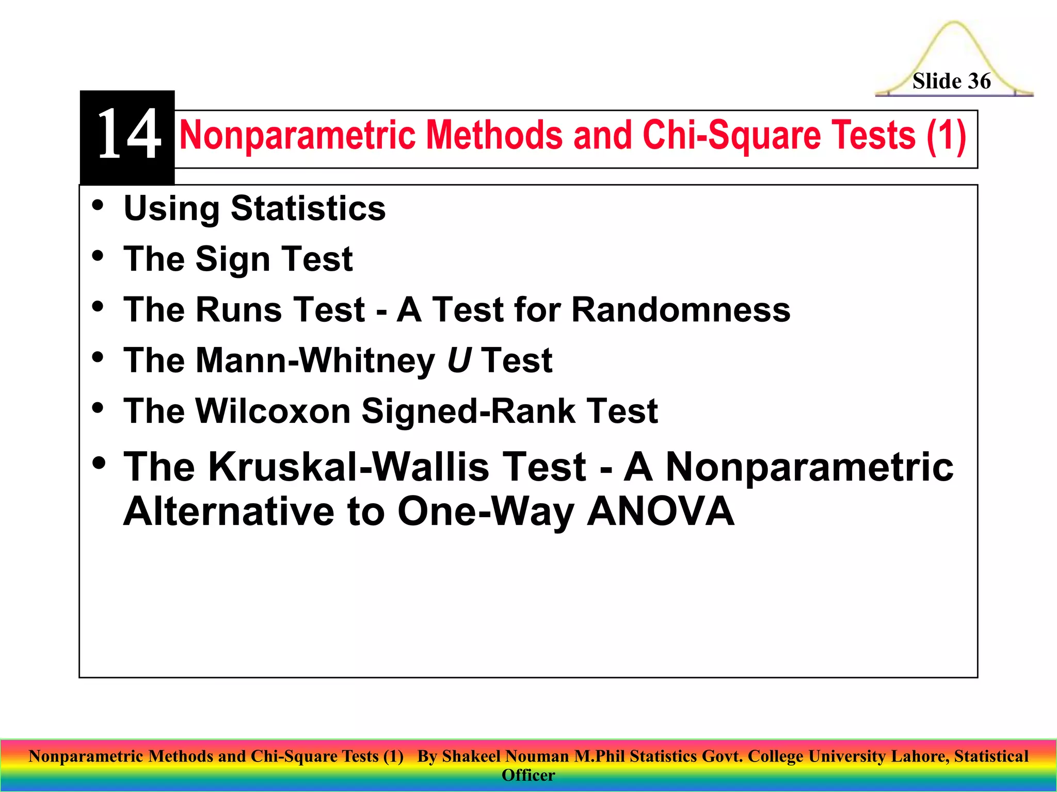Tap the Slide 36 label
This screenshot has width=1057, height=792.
tap(951, 81)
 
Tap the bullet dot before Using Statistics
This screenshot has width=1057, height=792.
tap(98, 205)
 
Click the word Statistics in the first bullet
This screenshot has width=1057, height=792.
tap(308, 209)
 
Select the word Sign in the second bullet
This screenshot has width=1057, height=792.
tap(232, 259)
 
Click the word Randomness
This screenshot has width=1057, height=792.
tap(681, 309)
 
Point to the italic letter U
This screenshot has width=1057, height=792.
tap(458, 360)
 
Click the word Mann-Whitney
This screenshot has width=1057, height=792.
tap(315, 360)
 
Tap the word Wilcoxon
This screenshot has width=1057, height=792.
tap(274, 411)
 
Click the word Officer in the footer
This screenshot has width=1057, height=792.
tap(528, 775)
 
